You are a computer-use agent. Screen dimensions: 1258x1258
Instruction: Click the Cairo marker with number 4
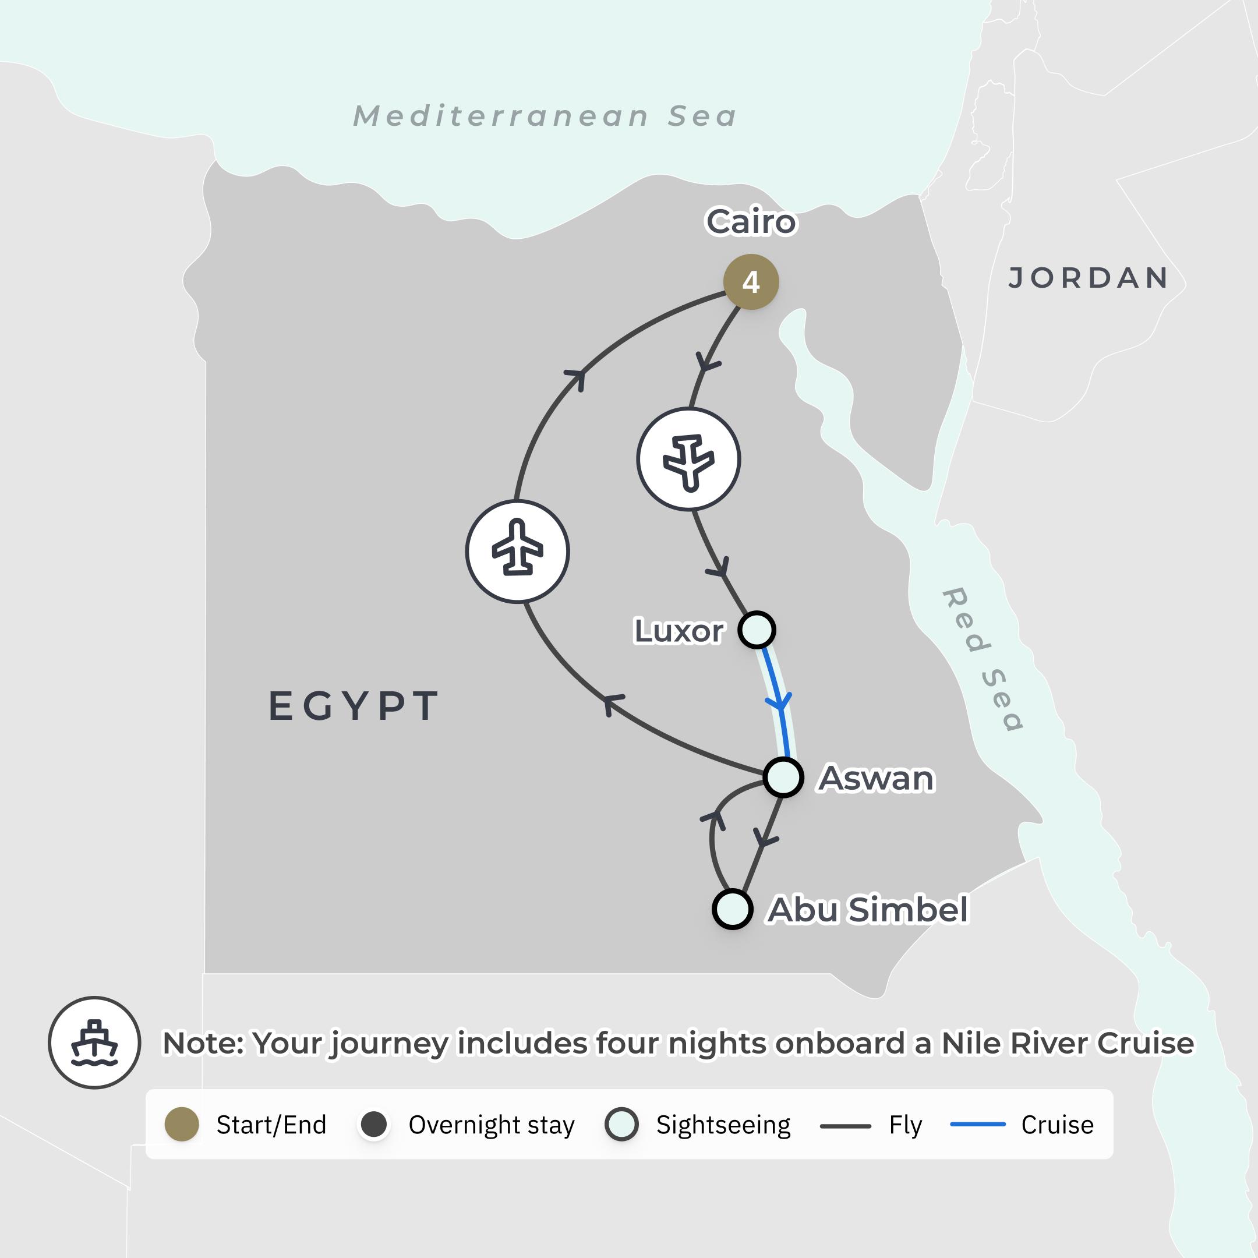751,282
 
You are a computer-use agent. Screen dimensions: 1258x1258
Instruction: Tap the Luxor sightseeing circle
757,630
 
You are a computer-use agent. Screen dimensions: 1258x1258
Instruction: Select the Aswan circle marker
783,777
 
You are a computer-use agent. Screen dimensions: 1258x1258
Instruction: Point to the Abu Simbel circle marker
733,909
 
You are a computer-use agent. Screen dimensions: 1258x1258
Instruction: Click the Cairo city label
751,222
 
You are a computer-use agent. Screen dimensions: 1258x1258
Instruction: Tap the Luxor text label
679,630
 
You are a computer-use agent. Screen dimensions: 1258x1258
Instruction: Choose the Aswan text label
877,778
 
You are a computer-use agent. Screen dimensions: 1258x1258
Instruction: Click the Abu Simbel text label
868,910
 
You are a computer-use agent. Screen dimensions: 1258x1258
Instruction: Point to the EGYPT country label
354,706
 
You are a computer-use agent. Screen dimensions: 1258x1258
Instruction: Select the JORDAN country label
1089,278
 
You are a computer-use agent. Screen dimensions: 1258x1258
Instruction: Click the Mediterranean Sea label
545,116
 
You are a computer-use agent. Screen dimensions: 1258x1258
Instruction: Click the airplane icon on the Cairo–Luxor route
688,460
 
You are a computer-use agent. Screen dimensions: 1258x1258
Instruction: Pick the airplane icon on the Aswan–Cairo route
518,552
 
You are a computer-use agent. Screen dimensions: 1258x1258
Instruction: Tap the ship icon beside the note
94,1043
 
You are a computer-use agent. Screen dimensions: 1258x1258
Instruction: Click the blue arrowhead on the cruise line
779,702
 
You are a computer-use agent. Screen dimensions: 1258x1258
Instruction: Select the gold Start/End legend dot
182,1125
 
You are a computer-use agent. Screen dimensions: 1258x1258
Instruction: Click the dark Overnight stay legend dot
374,1125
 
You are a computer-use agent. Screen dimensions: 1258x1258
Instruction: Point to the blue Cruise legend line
977,1125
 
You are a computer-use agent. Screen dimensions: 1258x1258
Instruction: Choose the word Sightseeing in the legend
723,1125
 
